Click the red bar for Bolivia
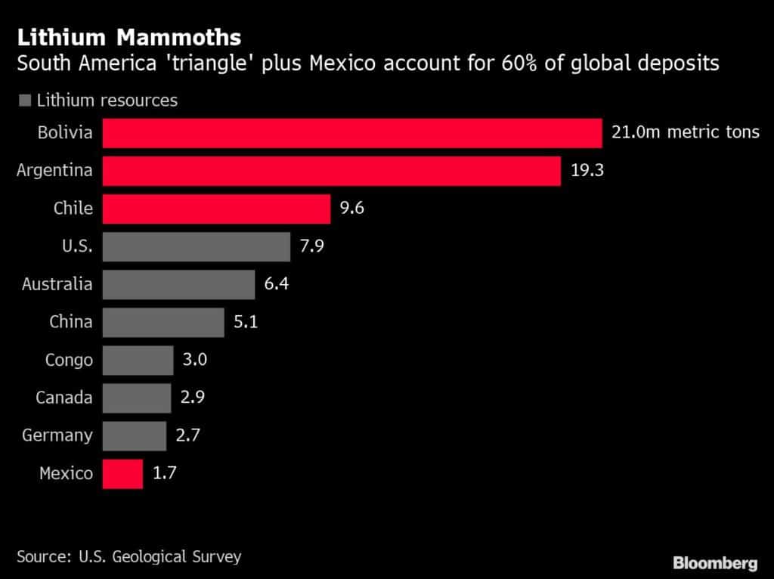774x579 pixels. pos(351,133)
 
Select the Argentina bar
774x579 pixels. pos(331,171)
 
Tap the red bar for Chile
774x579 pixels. pos(216,209)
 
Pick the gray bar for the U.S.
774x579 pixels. pos(196,246)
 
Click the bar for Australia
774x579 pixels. pos(178,284)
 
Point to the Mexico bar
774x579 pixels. pos(122,474)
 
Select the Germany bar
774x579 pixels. pos(134,436)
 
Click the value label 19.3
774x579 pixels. pos(587,171)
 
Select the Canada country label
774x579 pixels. pos(64,398)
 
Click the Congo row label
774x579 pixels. pos(69,360)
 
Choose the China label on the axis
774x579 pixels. pos(70,322)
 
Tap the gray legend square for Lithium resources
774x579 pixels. pos(25,100)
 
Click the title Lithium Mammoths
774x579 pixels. pos(129,37)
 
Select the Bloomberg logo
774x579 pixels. pos(715,562)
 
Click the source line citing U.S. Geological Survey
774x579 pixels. pos(129,557)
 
